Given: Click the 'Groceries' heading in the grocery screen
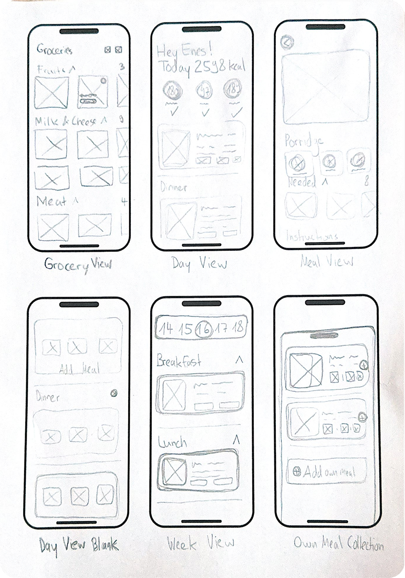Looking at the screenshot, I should point(54,50).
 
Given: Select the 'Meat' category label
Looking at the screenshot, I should point(52,202).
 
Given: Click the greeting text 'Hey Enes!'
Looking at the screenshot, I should point(184,51).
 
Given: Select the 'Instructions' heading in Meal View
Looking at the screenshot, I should point(312,236).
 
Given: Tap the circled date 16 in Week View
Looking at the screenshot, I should point(204,329).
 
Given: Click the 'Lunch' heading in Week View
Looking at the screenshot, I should point(172,443).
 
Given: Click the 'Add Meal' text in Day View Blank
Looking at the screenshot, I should point(79,369).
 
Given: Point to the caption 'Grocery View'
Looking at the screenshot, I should point(78,265).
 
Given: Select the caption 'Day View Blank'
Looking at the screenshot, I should point(79,545).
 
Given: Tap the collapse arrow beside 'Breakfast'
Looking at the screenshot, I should point(239,360).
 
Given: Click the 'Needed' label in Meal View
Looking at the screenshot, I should point(302,182).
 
